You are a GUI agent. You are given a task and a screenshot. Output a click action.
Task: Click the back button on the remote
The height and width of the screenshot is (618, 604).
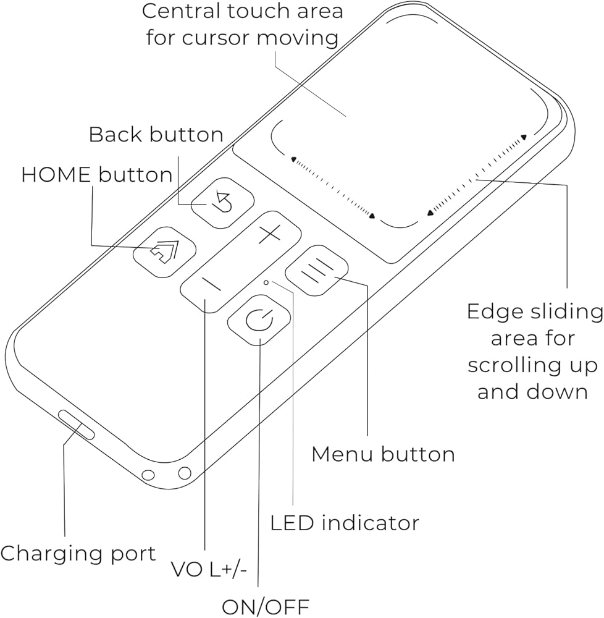223,203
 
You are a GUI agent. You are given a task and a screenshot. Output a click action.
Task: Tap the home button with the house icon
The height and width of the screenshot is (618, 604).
164,251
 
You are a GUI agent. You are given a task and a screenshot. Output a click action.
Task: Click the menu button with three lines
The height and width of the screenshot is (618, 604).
317,270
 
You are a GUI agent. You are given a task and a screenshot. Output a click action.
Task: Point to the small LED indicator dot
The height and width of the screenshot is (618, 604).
266,282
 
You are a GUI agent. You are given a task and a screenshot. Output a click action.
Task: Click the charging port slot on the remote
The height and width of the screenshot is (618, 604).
77,425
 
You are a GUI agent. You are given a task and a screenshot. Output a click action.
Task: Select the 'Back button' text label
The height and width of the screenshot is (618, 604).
156,135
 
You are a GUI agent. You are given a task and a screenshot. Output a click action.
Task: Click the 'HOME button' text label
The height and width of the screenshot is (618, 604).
97,175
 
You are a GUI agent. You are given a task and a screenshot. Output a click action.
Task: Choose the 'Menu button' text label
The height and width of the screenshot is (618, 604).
383,454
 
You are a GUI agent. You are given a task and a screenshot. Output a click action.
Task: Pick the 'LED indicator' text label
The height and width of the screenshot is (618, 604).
345,523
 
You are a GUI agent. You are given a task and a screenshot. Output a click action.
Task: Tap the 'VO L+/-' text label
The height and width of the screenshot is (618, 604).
209,570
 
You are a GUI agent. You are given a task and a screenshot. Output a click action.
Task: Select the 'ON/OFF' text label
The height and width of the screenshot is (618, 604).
266,606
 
